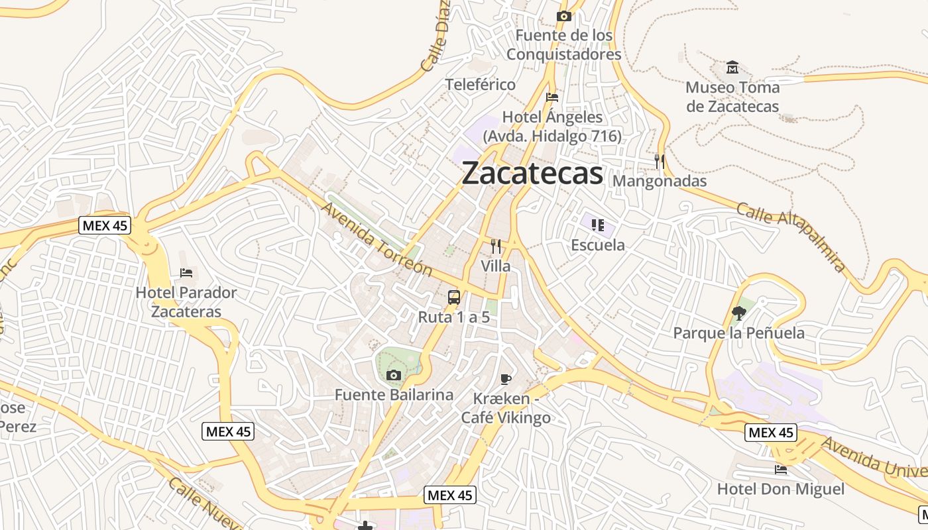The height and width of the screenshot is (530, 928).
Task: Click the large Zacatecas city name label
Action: click(532, 174)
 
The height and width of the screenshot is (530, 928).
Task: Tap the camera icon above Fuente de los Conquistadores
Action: click(564, 16)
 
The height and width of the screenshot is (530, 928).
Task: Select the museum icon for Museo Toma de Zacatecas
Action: click(732, 68)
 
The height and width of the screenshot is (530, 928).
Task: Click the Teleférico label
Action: click(481, 85)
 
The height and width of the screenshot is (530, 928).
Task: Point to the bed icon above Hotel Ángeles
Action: click(552, 97)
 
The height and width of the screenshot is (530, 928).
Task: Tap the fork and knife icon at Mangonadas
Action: click(659, 161)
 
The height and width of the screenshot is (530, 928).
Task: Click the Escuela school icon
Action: click(598, 225)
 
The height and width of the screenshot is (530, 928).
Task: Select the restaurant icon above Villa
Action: click(496, 246)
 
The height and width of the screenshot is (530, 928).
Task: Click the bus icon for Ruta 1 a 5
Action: click(454, 297)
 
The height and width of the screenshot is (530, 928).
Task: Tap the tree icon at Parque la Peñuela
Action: click(738, 313)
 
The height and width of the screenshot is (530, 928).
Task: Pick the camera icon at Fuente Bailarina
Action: click(394, 376)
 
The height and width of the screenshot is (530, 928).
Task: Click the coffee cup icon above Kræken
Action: click(506, 379)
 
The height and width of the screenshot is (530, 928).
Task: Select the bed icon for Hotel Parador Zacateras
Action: click(186, 273)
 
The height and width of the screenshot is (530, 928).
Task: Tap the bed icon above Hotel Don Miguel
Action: click(781, 470)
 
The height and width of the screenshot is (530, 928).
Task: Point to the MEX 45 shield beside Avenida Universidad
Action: click(770, 433)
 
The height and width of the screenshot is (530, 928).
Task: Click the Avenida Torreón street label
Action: click(377, 240)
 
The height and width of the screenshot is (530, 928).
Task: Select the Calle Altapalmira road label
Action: click(790, 237)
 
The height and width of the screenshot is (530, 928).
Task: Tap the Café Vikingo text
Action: click(506, 418)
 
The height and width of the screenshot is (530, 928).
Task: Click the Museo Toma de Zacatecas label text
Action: click(732, 97)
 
